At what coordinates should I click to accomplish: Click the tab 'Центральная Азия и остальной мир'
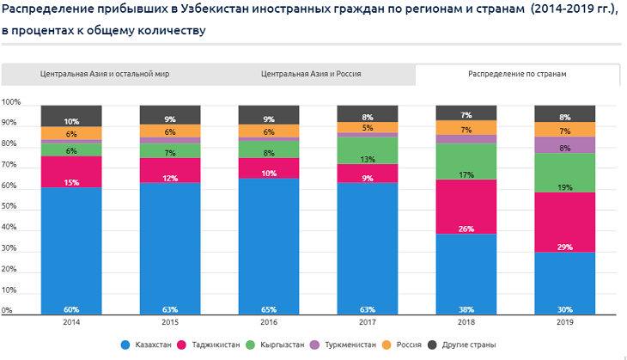coord(105,75)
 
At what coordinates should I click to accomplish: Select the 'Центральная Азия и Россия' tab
coord(311,75)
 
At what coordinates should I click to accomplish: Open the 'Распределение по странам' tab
coord(517,75)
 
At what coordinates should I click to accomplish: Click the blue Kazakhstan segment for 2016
coord(269,245)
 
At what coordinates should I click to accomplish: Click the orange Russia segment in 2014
coord(71,133)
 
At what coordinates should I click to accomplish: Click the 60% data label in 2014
coord(71,309)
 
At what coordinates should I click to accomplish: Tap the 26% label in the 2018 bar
coord(466,229)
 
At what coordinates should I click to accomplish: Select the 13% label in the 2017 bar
coord(368,159)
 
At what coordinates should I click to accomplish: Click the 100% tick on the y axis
coord(11,102)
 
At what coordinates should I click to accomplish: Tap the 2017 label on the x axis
coord(368,322)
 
